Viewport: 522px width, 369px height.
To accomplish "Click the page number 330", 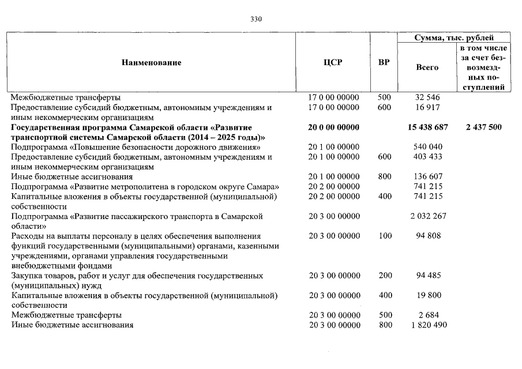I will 257,19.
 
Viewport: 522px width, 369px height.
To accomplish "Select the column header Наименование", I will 151,62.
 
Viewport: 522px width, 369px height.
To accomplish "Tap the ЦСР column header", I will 333,62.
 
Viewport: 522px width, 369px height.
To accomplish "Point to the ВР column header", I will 384,62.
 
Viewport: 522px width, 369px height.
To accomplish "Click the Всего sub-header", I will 427,67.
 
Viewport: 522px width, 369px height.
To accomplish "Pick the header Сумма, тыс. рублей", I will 455,37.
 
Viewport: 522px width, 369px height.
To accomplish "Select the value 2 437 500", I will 483,127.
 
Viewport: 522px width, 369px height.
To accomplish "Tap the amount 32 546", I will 428,97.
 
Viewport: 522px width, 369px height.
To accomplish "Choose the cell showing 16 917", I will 428,107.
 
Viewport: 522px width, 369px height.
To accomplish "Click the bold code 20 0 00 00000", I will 334,127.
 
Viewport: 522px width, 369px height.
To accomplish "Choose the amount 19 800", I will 428,295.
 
